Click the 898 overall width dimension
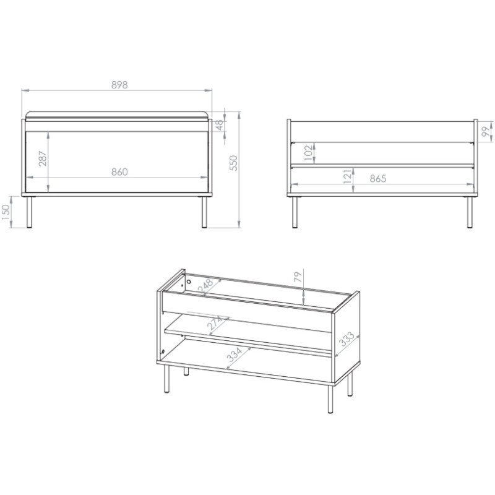click(119, 85)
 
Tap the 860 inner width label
click(119, 172)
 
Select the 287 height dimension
click(43, 159)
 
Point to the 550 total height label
click(233, 163)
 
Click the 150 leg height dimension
click(6, 212)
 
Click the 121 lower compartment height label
click(347, 176)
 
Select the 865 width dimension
click(378, 179)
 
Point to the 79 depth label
click(298, 277)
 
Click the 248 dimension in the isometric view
click(206, 286)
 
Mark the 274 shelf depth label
click(215, 322)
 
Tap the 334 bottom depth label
click(235, 355)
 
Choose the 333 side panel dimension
click(347, 338)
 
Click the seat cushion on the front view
click(117, 115)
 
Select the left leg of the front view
click(29, 212)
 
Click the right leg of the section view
click(470, 212)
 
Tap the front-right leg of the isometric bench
click(330, 399)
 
